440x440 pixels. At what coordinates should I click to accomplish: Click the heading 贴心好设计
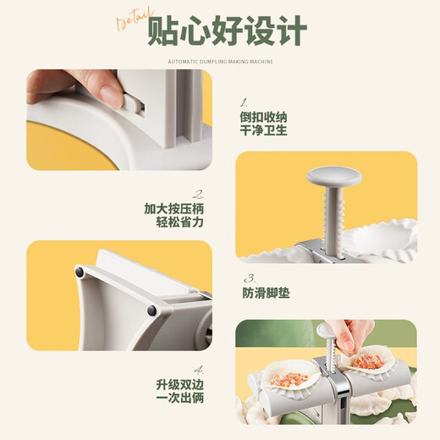[227, 33]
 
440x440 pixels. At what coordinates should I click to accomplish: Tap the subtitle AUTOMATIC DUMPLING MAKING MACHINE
[219, 60]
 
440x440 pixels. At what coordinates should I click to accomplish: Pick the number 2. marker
[198, 193]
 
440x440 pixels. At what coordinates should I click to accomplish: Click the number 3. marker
[250, 278]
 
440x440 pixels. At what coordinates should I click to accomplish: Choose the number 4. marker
[196, 370]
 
